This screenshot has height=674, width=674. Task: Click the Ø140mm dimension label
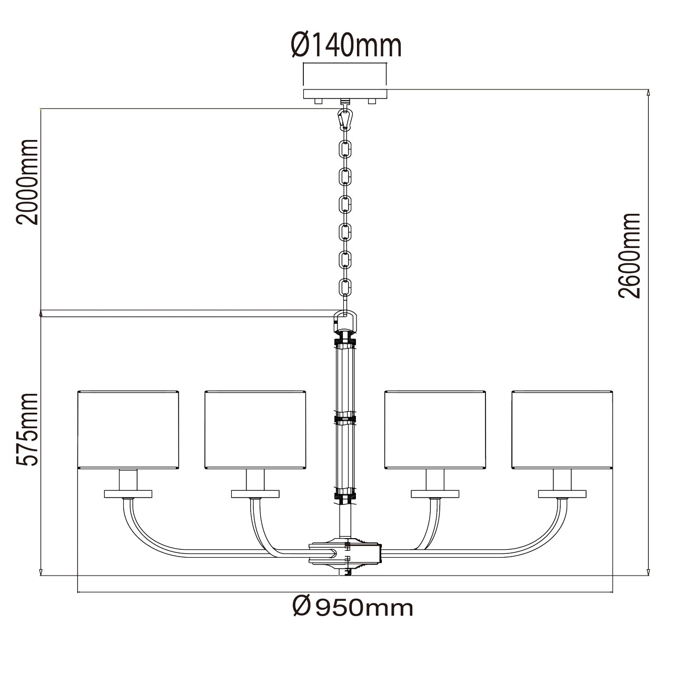pos(345,45)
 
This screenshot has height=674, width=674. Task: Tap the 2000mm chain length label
pos(27,181)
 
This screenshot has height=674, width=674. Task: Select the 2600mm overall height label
pos(630,255)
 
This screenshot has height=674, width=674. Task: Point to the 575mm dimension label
pos(27,429)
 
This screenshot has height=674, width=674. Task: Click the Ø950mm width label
pos(352,608)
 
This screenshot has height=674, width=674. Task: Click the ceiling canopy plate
pos(345,94)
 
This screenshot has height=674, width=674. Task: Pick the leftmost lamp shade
pos(128,429)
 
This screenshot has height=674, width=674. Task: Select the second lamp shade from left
pos(255,429)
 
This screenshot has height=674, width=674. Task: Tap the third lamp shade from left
pos(435,429)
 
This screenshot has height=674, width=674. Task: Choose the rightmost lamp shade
pos(562,429)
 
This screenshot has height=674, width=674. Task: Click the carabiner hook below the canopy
pos(345,119)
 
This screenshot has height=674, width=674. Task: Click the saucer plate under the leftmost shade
pos(128,493)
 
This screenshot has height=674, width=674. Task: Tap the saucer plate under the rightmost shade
pos(562,493)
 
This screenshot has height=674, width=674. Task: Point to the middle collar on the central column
pos(345,420)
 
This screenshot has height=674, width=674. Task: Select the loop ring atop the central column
pos(345,319)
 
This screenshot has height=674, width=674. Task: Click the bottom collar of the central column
pos(345,495)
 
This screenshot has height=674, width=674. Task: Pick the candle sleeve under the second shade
pos(255,479)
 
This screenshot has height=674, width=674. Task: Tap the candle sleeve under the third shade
pos(435,479)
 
